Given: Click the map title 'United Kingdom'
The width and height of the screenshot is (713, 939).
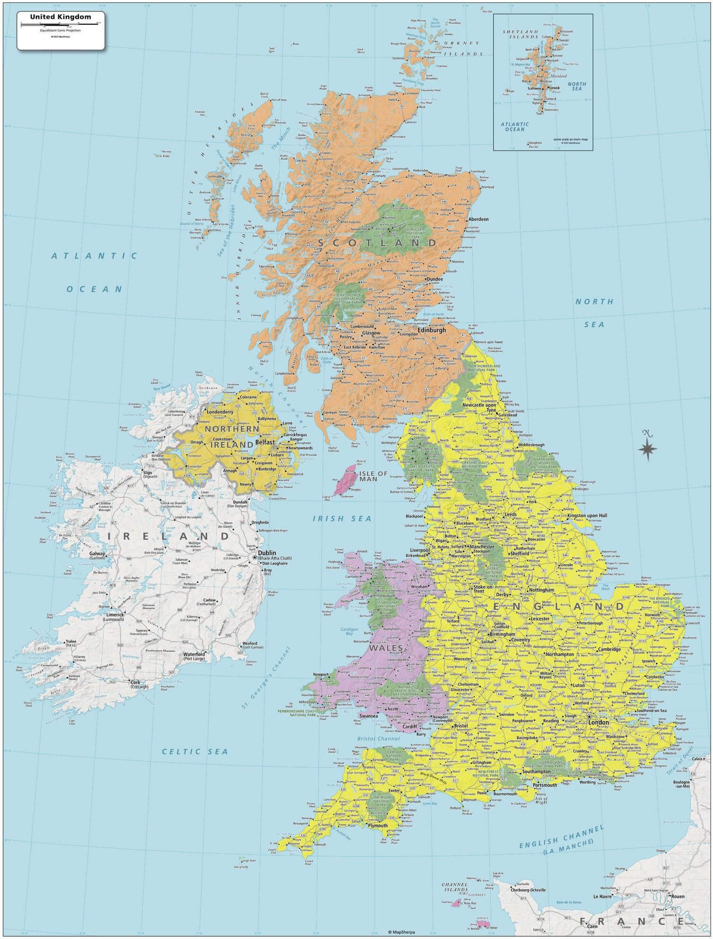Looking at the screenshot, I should (x=61, y=17).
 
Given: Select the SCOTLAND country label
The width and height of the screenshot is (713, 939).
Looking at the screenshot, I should (x=377, y=243).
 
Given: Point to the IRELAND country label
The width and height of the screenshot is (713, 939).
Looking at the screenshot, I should (x=169, y=536).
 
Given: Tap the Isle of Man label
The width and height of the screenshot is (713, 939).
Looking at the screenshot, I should (x=373, y=476).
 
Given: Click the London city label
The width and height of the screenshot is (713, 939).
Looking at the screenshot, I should (x=599, y=722).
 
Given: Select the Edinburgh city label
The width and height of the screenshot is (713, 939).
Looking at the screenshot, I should (x=431, y=330).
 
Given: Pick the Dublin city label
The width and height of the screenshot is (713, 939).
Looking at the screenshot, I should (x=267, y=552).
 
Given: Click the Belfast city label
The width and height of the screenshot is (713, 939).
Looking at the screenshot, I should (x=264, y=442).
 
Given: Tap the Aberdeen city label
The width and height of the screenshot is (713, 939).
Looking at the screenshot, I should (x=478, y=220).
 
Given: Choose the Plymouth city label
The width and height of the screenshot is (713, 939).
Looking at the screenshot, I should (x=377, y=825).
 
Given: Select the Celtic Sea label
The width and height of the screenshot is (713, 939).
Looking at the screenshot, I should (x=195, y=751).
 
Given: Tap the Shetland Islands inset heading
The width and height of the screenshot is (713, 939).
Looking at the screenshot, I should (x=520, y=34).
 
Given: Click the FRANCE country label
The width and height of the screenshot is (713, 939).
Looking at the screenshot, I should (x=632, y=921).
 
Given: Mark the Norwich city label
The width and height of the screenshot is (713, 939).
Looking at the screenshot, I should (x=652, y=615).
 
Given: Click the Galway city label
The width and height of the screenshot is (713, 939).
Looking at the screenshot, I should (x=98, y=553).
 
